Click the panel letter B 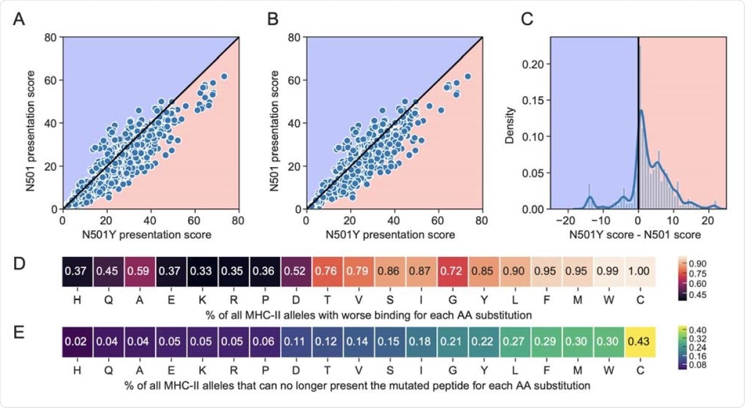pyautogui.click(x=272, y=20)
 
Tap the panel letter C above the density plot pyautogui.click(x=526, y=20)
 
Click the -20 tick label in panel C pyautogui.click(x=566, y=221)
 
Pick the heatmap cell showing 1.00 pyautogui.click(x=641, y=272)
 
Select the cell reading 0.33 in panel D pyautogui.click(x=203, y=272)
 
